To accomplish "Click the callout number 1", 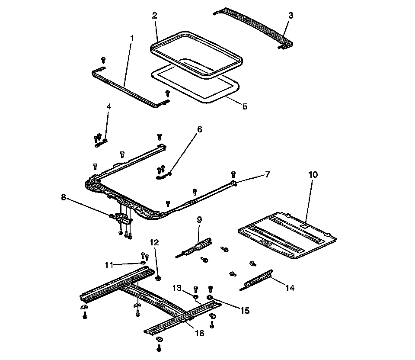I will (x=132, y=38).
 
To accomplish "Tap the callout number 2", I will (x=154, y=16).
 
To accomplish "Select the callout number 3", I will (x=290, y=16).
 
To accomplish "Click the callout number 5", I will (x=245, y=106).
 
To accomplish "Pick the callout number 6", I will (x=199, y=129).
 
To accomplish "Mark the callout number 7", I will (x=268, y=174).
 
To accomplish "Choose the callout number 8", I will (x=64, y=198).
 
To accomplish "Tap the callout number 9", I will (x=199, y=220).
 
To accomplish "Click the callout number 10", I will (x=313, y=175).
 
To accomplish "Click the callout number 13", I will (x=177, y=288).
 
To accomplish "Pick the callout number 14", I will (x=290, y=288).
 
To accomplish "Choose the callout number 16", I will (x=199, y=333).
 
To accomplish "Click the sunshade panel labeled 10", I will (x=287, y=236).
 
